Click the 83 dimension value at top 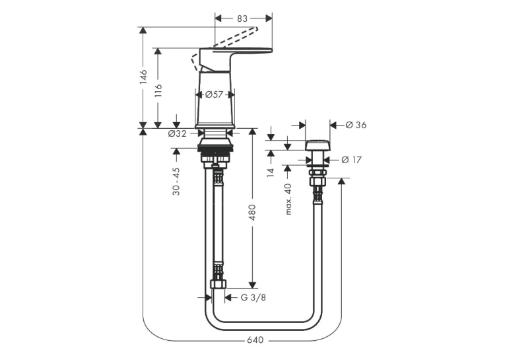click(242, 18)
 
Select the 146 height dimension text click(143, 77)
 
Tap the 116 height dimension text click(158, 91)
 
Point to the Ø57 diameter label click(214, 94)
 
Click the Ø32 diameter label click(177, 133)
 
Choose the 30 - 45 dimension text click(176, 182)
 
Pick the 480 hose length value click(252, 213)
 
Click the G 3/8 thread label click(253, 297)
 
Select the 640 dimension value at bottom click(255, 340)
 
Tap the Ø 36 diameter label click(356, 125)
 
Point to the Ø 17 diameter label click(351, 160)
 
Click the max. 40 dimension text click(288, 199)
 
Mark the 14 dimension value click(271, 172)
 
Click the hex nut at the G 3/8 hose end click(219, 284)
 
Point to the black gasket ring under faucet click(215, 148)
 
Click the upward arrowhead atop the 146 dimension click(143, 30)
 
